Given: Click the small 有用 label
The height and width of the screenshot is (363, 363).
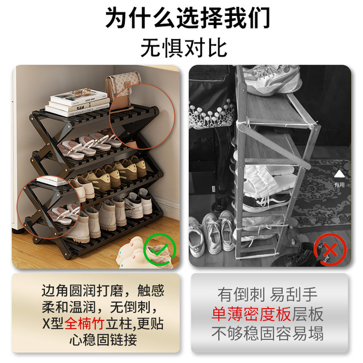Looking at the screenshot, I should [339, 185].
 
